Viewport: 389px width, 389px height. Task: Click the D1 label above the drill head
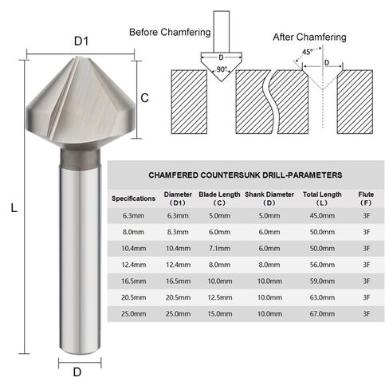point(81,41)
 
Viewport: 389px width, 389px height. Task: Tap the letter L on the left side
point(14,207)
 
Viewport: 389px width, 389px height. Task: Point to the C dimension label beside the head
point(144,98)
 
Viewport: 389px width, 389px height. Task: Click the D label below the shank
point(77,372)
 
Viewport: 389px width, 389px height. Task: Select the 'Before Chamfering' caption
point(170,32)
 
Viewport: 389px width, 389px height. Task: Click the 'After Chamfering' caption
point(309,37)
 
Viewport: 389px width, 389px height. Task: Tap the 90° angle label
point(222,69)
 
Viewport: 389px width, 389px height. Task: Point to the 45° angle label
point(307,52)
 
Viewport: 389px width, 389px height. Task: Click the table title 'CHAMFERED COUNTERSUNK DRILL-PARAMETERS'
point(246,175)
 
